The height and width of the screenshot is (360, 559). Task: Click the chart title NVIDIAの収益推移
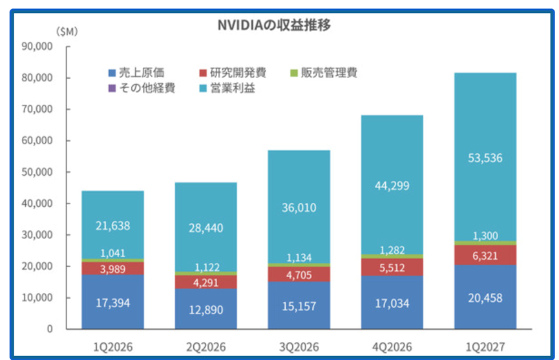tap(274, 25)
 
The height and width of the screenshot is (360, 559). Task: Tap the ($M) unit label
tap(67, 32)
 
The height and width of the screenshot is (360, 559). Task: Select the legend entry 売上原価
tap(136, 73)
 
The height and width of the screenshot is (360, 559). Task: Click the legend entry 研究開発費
tap(233, 73)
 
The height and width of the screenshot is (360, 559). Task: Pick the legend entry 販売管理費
tap(324, 73)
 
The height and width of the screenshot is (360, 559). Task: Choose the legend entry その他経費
tap(142, 88)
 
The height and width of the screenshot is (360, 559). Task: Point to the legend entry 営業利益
tap(227, 88)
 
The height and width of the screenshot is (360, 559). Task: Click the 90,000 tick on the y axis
tap(37, 47)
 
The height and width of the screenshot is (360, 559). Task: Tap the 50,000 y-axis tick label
tap(37, 172)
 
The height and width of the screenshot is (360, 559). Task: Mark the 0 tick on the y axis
tap(50, 328)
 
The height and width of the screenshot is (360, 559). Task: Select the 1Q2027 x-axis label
tap(485, 347)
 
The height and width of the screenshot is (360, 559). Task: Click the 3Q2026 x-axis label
tap(299, 347)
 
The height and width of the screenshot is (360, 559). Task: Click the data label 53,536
tap(485, 158)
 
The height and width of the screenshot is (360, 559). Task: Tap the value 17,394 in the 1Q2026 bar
tap(113, 303)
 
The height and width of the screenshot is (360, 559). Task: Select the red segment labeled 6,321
tap(485, 255)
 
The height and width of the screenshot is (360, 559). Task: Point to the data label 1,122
tap(207, 268)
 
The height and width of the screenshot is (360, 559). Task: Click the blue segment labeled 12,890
tap(206, 309)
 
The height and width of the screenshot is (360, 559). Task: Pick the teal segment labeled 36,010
tap(299, 207)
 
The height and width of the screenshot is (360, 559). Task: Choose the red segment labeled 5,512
tap(392, 267)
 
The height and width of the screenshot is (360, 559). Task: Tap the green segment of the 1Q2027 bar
tap(485, 243)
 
